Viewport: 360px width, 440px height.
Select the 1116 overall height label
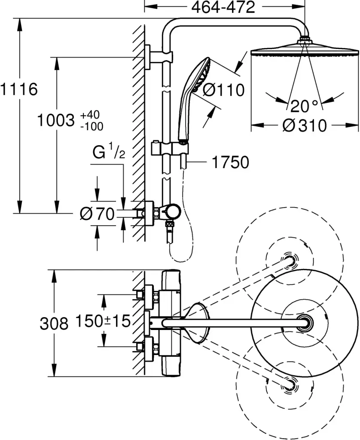coord(19,89)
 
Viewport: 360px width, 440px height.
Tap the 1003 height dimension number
coord(56,120)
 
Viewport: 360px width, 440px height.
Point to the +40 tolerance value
coord(90,115)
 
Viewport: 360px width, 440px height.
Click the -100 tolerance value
coord(92,126)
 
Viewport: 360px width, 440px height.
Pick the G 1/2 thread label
coord(109,153)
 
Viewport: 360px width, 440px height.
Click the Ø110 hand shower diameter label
coord(223,90)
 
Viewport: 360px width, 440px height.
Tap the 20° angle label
coord(304,106)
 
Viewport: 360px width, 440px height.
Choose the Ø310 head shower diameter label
coord(305,125)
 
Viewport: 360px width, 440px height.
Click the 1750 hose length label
coord(230,162)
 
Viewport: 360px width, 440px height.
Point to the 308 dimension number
coord(54,324)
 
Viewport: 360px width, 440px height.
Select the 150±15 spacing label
coord(103,321)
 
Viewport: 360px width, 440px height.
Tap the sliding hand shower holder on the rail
coord(169,148)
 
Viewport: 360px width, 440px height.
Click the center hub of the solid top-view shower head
coord(305,322)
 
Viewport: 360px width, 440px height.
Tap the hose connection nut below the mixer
coord(169,224)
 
